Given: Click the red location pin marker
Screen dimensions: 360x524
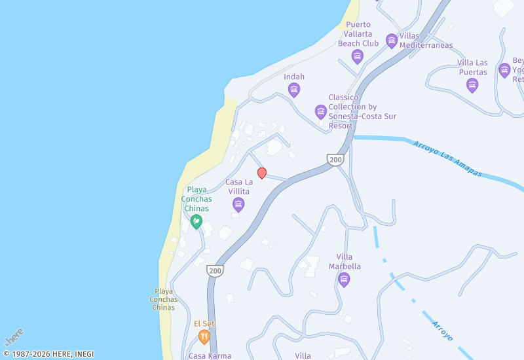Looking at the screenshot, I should (x=262, y=173).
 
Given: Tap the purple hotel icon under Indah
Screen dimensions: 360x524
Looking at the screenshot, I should (x=294, y=90).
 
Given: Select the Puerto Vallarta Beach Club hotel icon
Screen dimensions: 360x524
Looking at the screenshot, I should (x=358, y=56).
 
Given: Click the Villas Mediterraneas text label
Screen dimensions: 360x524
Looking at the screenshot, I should (x=426, y=41).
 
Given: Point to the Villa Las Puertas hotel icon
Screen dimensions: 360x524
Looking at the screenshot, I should (x=472, y=85).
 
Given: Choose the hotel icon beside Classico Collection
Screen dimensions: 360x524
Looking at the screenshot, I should (x=321, y=112).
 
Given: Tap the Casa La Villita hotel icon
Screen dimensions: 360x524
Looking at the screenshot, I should (x=238, y=205).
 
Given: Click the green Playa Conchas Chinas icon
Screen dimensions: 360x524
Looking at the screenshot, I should (x=196, y=222).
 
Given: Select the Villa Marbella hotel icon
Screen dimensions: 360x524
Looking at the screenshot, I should (x=344, y=280).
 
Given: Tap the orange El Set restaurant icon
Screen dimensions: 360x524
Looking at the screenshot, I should (x=204, y=337).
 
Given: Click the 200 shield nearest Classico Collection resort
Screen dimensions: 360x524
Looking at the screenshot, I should (x=335, y=160).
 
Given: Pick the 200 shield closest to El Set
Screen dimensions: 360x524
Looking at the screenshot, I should (x=214, y=270).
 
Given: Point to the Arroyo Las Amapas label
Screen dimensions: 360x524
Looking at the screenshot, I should (x=447, y=158).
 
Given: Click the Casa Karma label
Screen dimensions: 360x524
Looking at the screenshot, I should (x=210, y=356).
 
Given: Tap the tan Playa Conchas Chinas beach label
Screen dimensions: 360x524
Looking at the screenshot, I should (x=163, y=299).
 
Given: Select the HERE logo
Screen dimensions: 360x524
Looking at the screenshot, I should (x=14, y=336).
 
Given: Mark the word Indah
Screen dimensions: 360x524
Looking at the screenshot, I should (x=294, y=77).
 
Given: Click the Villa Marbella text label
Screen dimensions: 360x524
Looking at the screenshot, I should (x=348, y=262).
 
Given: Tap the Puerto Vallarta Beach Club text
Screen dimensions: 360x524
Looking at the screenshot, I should (x=358, y=34).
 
